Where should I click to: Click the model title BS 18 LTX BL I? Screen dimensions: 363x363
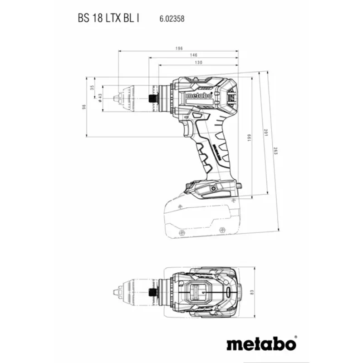(108, 19)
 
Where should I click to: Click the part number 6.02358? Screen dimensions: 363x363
(171, 20)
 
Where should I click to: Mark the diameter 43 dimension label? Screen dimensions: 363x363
(99, 98)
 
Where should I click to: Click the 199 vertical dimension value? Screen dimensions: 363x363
(249, 137)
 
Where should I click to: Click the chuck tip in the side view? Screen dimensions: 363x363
(119, 97)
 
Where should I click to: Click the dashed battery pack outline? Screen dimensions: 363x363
(200, 218)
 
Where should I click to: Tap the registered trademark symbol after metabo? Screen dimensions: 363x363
(295, 337)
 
